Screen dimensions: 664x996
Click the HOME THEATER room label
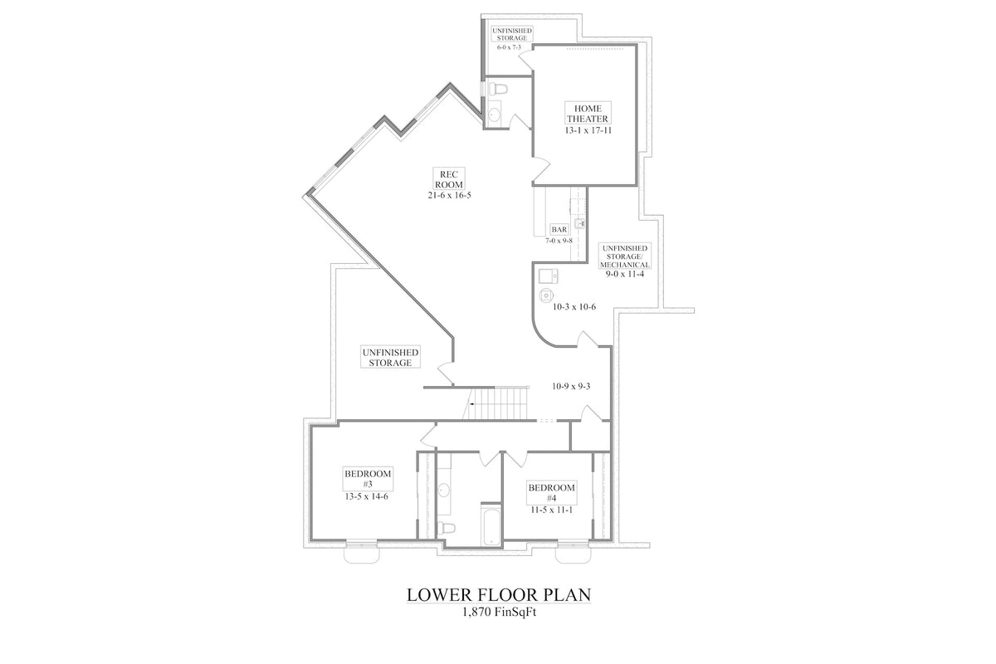588,114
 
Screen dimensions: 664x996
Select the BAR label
559,230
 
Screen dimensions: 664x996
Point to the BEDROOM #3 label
367,479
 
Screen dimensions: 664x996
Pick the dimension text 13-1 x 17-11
588,131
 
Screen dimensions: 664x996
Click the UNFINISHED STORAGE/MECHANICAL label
625,256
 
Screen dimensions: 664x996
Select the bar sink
579,222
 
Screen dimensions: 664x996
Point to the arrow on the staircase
471,403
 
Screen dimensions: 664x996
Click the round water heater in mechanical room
545,295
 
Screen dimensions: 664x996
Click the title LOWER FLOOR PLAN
498,595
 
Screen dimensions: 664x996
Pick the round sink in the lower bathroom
443,491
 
